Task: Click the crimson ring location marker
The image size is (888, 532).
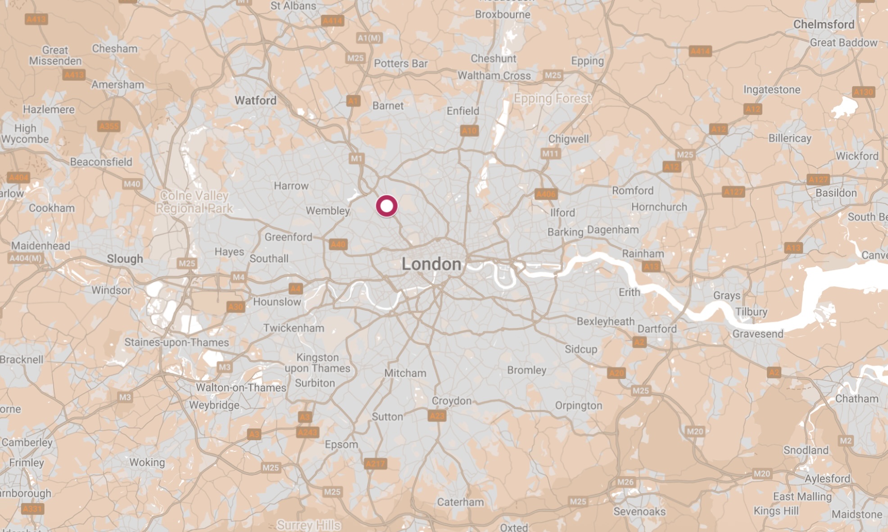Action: [386, 206]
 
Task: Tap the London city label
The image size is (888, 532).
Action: [431, 264]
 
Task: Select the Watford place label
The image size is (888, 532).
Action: [255, 100]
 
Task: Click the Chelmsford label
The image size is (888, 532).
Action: [823, 24]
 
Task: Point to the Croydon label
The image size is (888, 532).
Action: [451, 401]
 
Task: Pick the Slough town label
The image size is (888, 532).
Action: [125, 259]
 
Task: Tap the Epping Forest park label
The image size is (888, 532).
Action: [552, 99]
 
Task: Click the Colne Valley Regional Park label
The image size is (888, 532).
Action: [194, 202]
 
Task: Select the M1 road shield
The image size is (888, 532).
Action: [356, 158]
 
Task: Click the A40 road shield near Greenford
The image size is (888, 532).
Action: [338, 244]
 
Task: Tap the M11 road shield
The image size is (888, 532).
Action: [550, 154]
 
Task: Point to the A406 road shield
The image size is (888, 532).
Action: [546, 194]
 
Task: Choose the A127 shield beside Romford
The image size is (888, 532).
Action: [733, 192]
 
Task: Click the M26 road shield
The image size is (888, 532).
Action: [625, 482]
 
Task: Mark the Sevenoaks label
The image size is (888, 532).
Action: [639, 511]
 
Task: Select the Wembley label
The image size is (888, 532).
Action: [327, 211]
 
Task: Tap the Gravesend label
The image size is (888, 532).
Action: [757, 334]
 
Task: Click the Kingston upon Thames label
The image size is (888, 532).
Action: [317, 363]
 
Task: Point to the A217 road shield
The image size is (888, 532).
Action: [375, 464]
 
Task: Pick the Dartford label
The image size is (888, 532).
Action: [657, 329]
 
